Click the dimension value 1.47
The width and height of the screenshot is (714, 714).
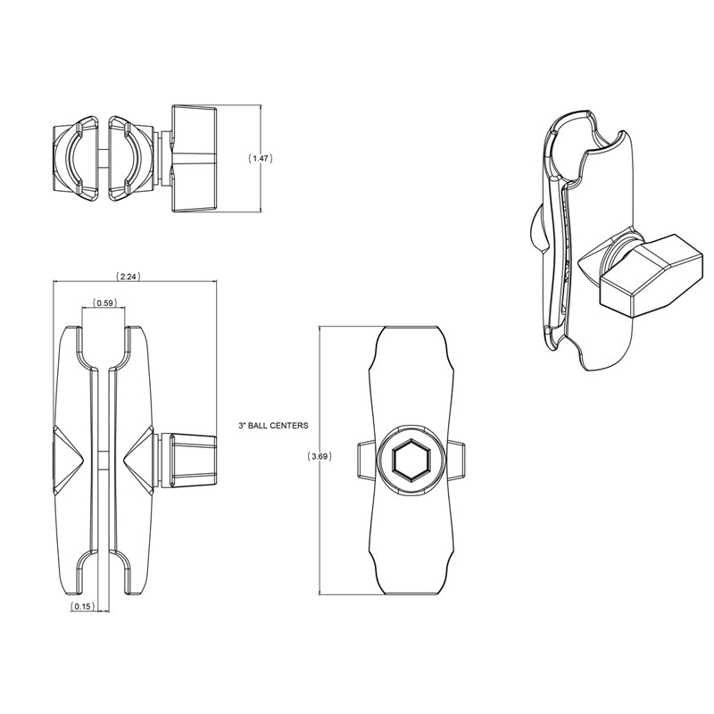(x=261, y=158)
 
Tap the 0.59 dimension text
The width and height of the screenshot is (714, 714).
(x=104, y=303)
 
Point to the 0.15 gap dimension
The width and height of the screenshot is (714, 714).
(x=83, y=607)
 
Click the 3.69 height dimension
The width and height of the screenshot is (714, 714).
(x=320, y=457)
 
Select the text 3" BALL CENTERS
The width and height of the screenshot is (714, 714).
(x=272, y=426)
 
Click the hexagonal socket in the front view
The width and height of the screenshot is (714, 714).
(x=412, y=459)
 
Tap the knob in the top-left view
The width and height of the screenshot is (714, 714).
(x=193, y=157)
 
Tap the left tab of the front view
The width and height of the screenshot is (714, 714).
(x=363, y=459)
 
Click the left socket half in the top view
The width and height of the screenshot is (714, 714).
(x=74, y=158)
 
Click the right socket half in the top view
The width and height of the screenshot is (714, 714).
(x=129, y=158)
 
